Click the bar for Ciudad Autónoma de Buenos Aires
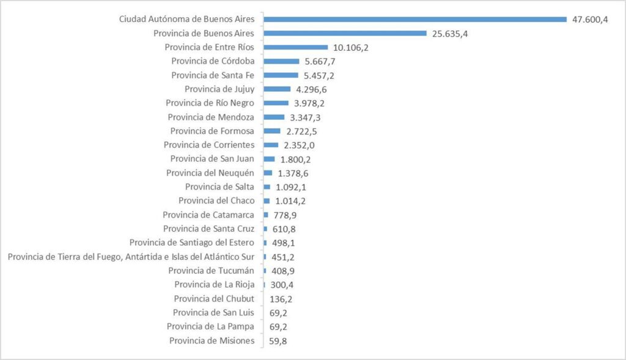point(416,19)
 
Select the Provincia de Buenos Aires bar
point(345,33)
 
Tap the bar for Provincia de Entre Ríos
point(296,47)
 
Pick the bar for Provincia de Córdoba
point(282,61)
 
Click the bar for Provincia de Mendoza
point(274,117)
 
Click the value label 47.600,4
point(590,20)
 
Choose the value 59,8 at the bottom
point(278,341)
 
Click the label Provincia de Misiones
point(212,340)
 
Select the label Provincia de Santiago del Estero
point(192,243)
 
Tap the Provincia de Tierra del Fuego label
point(131,257)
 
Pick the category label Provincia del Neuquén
point(210,173)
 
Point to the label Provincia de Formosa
point(212,131)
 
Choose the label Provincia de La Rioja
point(214,285)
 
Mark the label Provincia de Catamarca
point(208,215)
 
